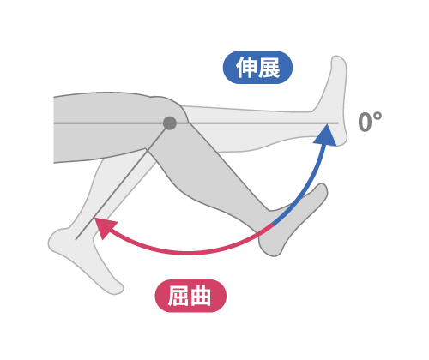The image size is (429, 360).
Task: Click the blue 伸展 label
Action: click(257, 68)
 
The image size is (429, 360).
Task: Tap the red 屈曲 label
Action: click(190, 296)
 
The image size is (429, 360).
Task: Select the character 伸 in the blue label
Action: click(246, 68)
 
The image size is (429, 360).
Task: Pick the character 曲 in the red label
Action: click(201, 296)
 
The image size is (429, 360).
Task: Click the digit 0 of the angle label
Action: click(366, 122)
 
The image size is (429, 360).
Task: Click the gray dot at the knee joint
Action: click(170, 123)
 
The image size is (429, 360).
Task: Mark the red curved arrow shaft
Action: click(186, 253)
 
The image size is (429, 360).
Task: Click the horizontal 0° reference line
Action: click(196, 123)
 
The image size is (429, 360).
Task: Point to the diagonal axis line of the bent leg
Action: click(121, 183)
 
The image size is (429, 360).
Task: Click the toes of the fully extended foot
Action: click(338, 62)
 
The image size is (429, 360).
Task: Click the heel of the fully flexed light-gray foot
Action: click(56, 240)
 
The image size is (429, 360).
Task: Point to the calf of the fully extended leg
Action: click(257, 143)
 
